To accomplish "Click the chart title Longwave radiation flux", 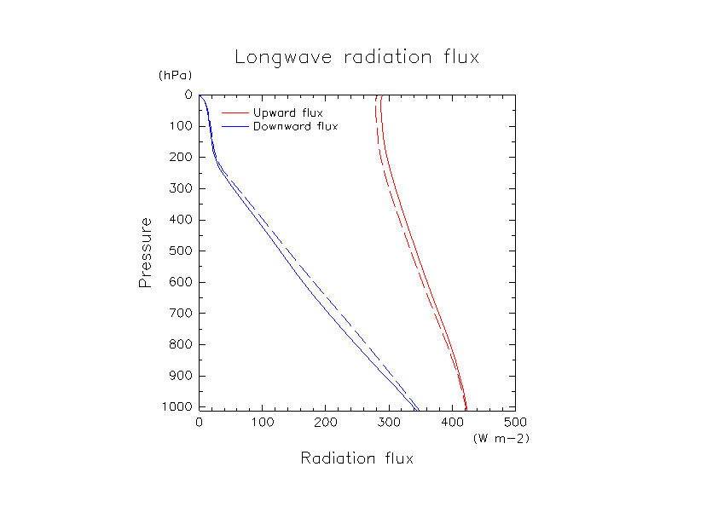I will [x=357, y=58].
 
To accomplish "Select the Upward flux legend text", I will [x=288, y=112].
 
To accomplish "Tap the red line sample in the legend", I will [x=235, y=112].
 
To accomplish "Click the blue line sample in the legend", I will [x=235, y=127].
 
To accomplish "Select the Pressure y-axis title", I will [x=146, y=252].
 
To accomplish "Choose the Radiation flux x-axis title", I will [x=356, y=459].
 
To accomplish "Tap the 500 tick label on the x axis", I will [x=515, y=423].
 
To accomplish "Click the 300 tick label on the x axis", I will [x=389, y=423].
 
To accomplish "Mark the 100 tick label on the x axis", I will [x=263, y=423].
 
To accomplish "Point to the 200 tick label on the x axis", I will [x=326, y=423].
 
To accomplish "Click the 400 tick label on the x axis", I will [x=452, y=423].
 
